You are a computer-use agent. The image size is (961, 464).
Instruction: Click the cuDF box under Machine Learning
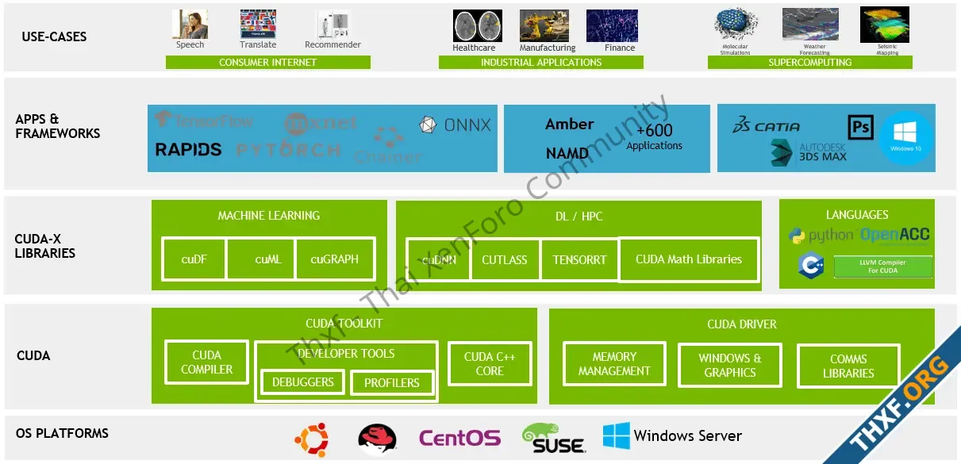[x=194, y=259]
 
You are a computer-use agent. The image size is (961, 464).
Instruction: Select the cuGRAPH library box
[x=334, y=259]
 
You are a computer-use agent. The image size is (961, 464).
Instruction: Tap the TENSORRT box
[x=579, y=259]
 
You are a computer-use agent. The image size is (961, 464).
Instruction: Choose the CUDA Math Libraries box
[x=688, y=259]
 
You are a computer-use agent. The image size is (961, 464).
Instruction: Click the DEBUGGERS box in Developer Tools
[x=302, y=382]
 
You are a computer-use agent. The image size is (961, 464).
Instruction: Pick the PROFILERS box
[x=391, y=383]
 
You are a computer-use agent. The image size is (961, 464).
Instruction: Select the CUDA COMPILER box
[x=206, y=362]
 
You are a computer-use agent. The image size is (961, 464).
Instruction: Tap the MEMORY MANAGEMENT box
[x=614, y=364]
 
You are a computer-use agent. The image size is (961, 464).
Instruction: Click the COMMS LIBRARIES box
[x=848, y=366]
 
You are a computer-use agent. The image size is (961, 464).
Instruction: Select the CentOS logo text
[x=459, y=438]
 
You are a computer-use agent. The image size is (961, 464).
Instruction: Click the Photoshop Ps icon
[x=860, y=127]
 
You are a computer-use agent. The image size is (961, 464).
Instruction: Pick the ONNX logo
[x=456, y=125]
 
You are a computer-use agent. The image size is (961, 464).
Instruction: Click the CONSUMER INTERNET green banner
[x=267, y=63]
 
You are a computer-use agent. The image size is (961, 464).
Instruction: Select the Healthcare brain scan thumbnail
[x=477, y=26]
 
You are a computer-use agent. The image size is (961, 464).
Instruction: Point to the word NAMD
[x=567, y=153]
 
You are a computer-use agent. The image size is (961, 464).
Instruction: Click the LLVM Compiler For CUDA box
[x=882, y=267]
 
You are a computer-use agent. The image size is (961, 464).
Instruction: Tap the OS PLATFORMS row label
[x=62, y=433]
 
